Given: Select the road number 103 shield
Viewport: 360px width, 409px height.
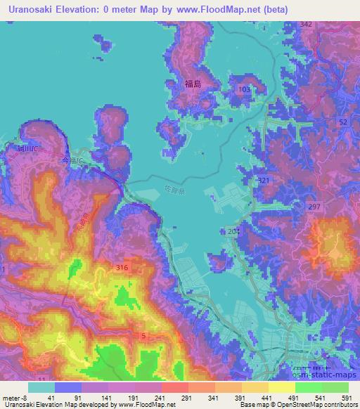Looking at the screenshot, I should tap(244, 89).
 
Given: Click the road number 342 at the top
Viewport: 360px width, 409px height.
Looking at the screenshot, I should tap(305, 24).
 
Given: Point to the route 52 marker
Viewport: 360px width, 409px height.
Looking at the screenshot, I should tap(342, 122).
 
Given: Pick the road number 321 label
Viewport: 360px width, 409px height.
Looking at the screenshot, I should tap(264, 181).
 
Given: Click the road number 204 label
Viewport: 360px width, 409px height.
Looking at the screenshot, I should tap(234, 231).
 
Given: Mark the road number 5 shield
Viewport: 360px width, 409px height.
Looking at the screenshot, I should tap(143, 336).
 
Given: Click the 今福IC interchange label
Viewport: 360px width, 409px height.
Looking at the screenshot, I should tap(71, 161).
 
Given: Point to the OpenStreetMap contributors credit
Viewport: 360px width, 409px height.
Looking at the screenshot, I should tap(309, 405).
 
